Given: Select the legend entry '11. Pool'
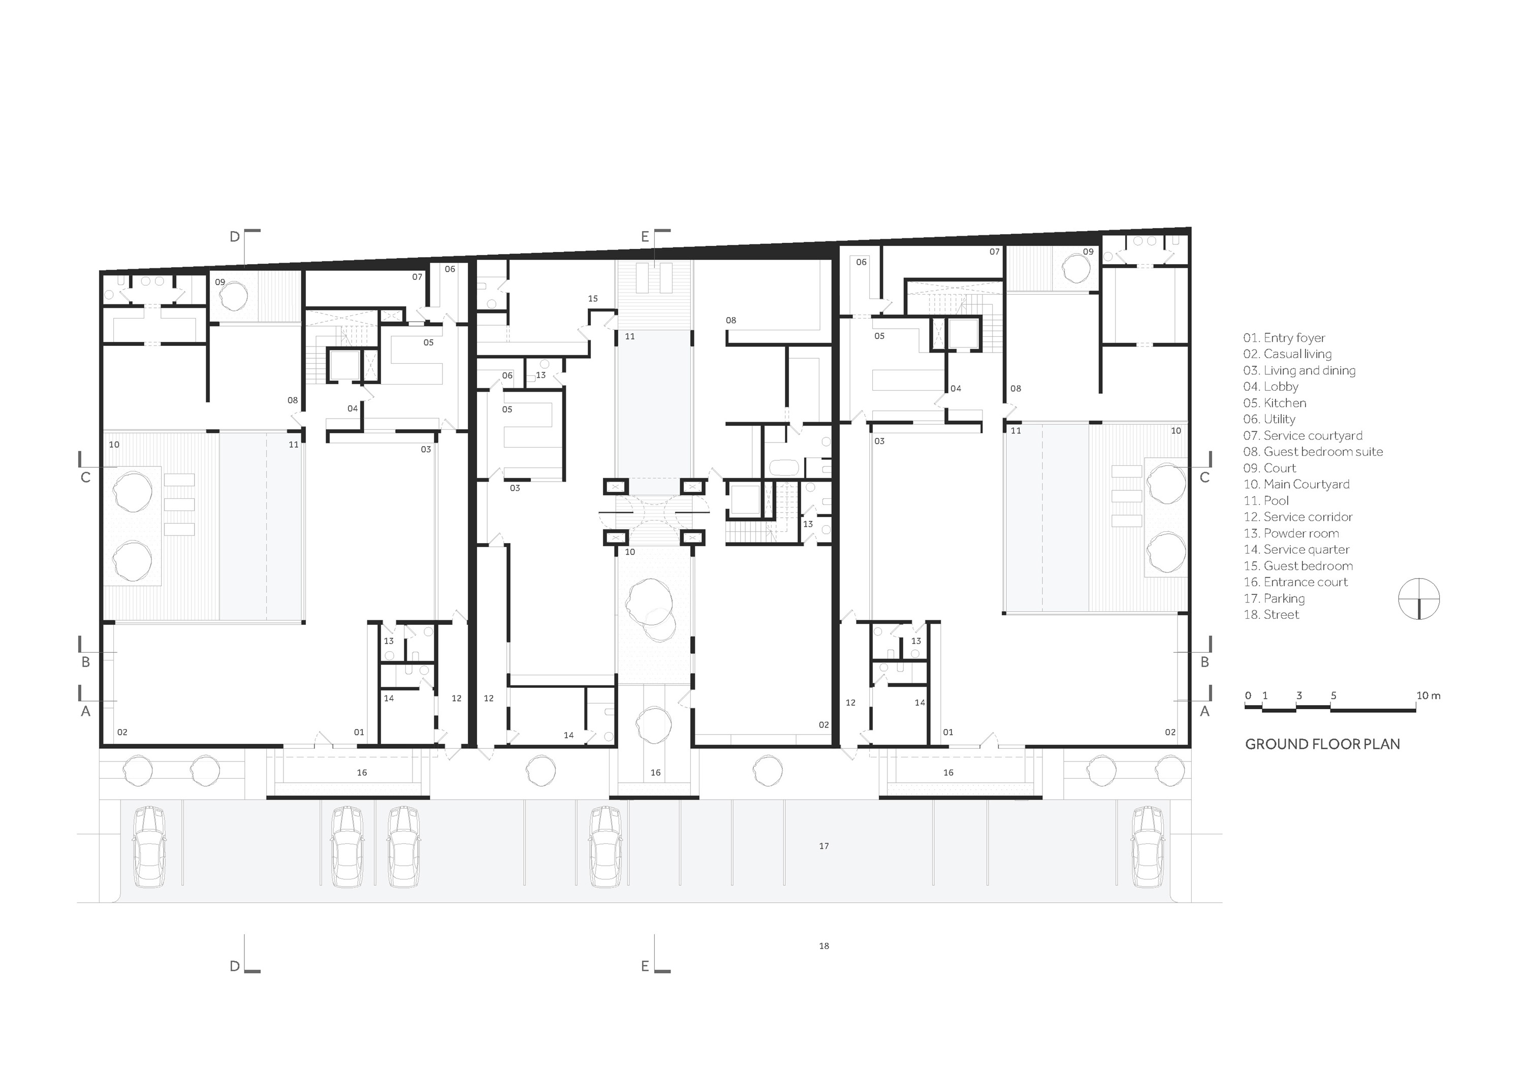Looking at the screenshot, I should coord(1266,500).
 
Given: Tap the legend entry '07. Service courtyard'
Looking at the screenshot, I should coord(1303,435).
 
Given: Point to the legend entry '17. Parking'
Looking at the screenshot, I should coord(1274,598).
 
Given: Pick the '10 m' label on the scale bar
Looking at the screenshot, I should coord(1428,695).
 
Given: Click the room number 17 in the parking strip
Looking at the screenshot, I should coord(824,846).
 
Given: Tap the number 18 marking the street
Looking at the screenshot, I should coord(824,946).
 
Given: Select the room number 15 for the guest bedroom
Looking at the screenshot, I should coord(593,299).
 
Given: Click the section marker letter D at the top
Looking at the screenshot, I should coord(234,237).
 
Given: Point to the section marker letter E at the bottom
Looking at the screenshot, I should coord(645,966).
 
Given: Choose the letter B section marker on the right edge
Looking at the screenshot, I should coord(1205,662).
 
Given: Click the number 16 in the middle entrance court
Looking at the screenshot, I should coord(656,773).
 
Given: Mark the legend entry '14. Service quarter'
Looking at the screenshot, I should coord(1296,549).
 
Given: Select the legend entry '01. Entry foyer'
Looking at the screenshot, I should coord(1284,338).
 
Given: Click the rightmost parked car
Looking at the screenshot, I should coord(1148,847).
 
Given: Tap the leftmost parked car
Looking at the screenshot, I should coord(149,847).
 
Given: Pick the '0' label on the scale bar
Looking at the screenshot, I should coord(1248,695).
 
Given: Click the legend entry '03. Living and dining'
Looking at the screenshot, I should coord(1299,370).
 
